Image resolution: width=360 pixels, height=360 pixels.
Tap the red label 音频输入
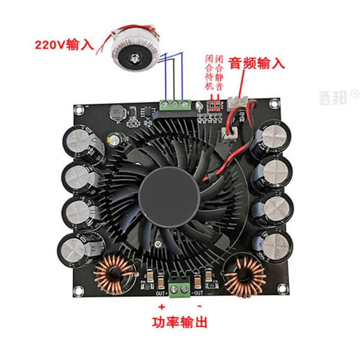[257, 63]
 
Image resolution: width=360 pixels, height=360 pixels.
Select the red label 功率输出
[180, 322]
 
